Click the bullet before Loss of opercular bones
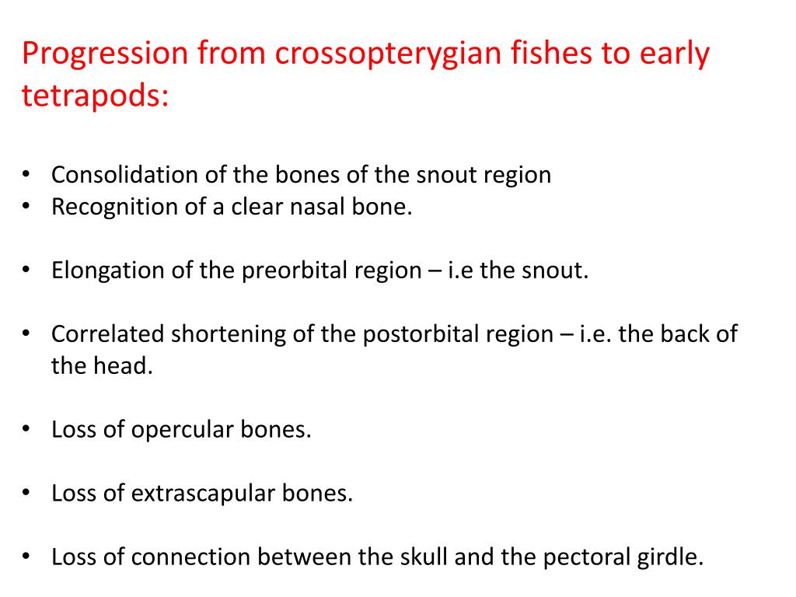coord(27,429)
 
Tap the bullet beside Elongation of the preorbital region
coord(27,271)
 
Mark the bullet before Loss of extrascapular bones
coord(27,492)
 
